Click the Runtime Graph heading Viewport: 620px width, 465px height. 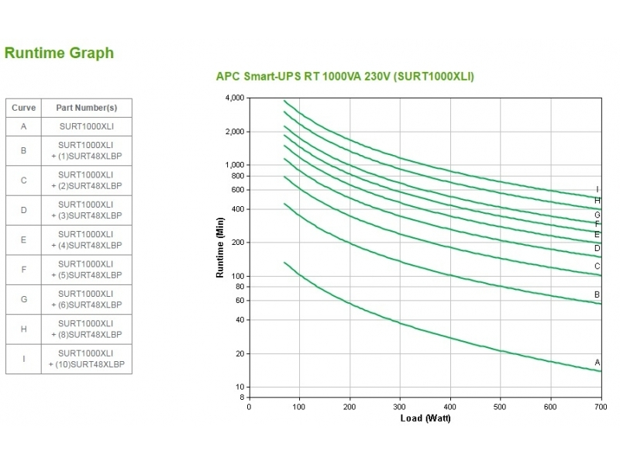coord(59,53)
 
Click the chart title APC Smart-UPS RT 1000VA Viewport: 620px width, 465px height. coord(344,77)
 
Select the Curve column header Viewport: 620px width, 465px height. coord(23,108)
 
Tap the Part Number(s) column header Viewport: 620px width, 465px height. coord(86,108)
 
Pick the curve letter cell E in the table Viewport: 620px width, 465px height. coord(23,239)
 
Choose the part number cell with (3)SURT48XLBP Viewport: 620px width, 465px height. coord(86,209)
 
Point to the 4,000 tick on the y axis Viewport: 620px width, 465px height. coord(233,98)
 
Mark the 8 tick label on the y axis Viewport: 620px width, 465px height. coord(241,397)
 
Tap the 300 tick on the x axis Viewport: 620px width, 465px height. coord(399,406)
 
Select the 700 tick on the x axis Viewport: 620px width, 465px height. coord(600,406)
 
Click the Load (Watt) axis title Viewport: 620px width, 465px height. coord(425,418)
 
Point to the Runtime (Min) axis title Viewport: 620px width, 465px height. coord(220,248)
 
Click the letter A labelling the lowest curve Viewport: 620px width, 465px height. coord(598,362)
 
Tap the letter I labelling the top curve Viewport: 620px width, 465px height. coord(598,189)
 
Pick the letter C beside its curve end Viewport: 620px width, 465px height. coord(598,267)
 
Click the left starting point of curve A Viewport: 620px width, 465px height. coord(285,263)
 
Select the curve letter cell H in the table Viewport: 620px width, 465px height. coord(23,329)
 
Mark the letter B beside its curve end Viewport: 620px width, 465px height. coord(598,294)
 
